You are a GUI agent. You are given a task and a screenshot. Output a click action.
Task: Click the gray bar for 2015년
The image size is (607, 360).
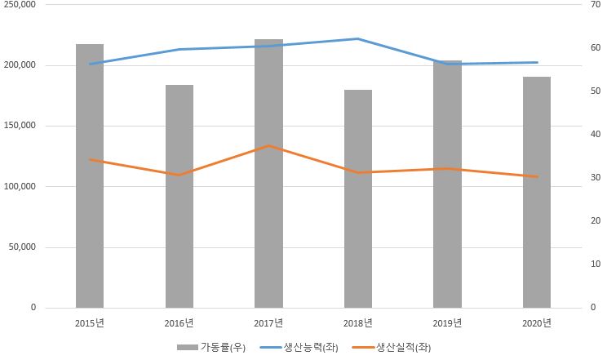tap(90, 176)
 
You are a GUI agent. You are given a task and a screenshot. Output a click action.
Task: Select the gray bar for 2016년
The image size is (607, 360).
tap(179, 196)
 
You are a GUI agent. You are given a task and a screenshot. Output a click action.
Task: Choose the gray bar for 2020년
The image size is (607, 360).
tap(536, 192)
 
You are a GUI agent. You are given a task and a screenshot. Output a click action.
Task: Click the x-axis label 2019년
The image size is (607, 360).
tap(447, 322)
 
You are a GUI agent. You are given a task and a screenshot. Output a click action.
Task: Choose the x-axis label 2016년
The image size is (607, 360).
tap(179, 322)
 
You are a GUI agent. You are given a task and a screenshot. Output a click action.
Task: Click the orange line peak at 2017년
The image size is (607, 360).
tap(268, 146)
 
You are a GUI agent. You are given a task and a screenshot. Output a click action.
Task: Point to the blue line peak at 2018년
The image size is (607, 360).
tap(357, 38)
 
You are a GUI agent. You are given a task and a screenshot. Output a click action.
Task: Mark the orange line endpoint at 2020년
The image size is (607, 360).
tap(536, 176)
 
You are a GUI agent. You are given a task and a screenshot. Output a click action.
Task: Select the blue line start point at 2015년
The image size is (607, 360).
tap(90, 64)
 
